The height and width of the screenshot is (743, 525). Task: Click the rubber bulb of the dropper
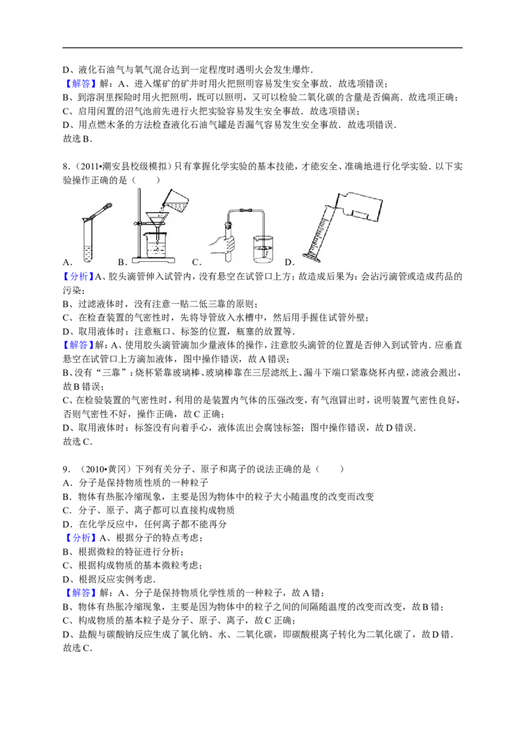107,205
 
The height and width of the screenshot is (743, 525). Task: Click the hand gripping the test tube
224,244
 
